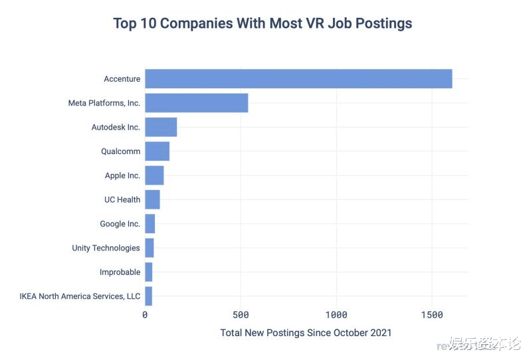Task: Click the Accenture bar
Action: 298,79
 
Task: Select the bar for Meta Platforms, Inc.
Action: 196,103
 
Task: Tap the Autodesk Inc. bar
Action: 161,127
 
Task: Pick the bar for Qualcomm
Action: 157,151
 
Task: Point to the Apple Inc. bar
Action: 154,175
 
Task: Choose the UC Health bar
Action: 152,199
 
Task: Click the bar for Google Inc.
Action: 150,224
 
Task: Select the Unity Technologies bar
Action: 149,248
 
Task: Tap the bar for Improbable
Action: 148,272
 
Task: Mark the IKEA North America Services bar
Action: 148,296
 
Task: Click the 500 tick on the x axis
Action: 241,314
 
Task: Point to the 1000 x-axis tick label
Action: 336,314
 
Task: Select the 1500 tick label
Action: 432,314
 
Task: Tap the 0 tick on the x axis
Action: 145,314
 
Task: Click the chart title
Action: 263,24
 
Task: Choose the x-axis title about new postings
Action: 306,332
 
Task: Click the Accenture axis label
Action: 122,79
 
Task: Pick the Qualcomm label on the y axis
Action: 120,151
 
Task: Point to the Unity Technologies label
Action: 106,248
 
